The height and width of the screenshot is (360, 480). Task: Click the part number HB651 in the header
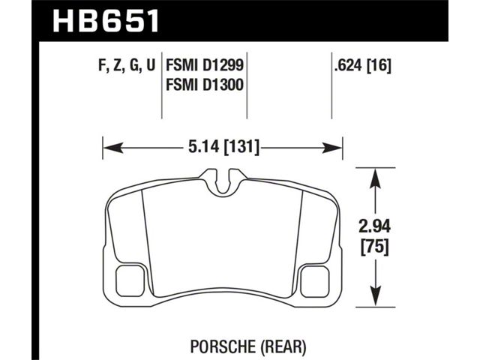(x=106, y=20)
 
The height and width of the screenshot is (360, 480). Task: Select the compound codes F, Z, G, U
(x=127, y=65)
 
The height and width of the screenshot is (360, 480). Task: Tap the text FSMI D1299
(x=205, y=65)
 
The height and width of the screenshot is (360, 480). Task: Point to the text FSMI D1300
(x=205, y=85)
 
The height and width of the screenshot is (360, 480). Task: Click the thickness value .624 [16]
(x=363, y=65)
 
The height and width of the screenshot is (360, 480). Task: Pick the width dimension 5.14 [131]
(x=223, y=147)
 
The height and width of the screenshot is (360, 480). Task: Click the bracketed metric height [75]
(x=375, y=247)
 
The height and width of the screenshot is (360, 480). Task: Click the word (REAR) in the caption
(x=283, y=346)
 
